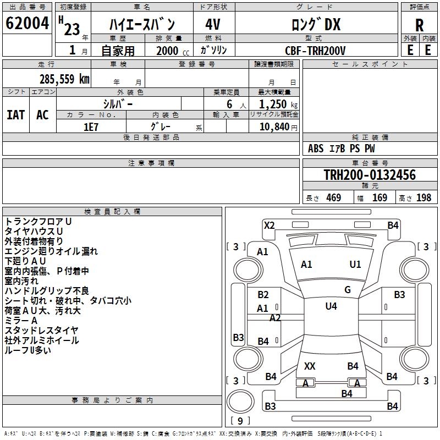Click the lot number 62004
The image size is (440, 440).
tap(27, 23)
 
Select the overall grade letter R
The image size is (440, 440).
tap(419, 25)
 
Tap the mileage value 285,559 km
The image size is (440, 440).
tap(64, 79)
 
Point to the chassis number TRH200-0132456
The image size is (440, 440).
tap(370, 175)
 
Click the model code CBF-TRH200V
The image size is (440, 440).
tap(315, 51)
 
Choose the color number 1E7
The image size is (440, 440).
tap(91, 127)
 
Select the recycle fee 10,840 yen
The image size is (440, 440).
tap(278, 127)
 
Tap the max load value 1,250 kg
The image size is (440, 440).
tap(278, 105)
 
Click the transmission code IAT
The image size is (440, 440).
tap(16, 115)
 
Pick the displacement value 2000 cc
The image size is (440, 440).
tap(173, 51)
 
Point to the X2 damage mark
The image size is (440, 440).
tap(269, 226)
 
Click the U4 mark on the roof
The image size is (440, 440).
tap(331, 306)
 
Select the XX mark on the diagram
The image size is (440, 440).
tap(310, 366)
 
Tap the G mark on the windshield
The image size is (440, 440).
tap(348, 290)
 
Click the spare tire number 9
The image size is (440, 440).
tap(240, 421)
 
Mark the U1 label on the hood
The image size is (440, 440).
tap(355, 265)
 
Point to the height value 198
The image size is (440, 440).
tap(424, 198)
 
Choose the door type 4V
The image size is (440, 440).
tap(213, 24)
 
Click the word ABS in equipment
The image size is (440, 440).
tap(316, 148)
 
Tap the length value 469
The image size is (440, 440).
tap(334, 198)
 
